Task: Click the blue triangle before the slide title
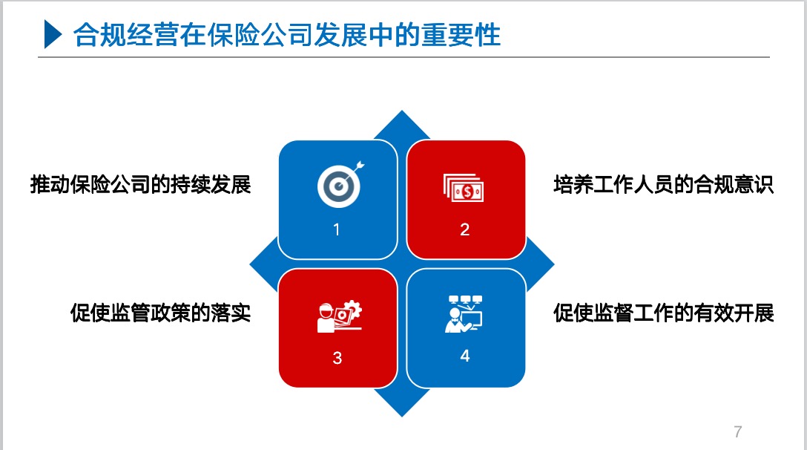(x=53, y=34)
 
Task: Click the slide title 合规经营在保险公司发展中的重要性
(x=286, y=35)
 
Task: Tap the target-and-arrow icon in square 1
(x=340, y=184)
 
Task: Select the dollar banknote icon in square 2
(x=463, y=188)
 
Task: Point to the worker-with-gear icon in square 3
(x=339, y=316)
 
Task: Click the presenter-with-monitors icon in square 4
(x=464, y=314)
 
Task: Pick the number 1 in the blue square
(x=337, y=229)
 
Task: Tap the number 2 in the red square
(x=465, y=229)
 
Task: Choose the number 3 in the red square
(x=337, y=358)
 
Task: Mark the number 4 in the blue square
(x=465, y=356)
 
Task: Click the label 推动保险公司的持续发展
(x=140, y=185)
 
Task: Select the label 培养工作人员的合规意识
(x=663, y=185)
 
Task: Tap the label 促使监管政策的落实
(x=160, y=313)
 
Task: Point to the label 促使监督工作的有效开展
(x=663, y=313)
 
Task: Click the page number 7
(x=737, y=431)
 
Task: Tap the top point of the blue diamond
(x=402, y=111)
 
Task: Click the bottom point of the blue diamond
(x=402, y=416)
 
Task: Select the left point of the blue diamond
(x=250, y=264)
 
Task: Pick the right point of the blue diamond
(x=554, y=264)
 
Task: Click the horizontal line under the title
(x=404, y=56)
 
